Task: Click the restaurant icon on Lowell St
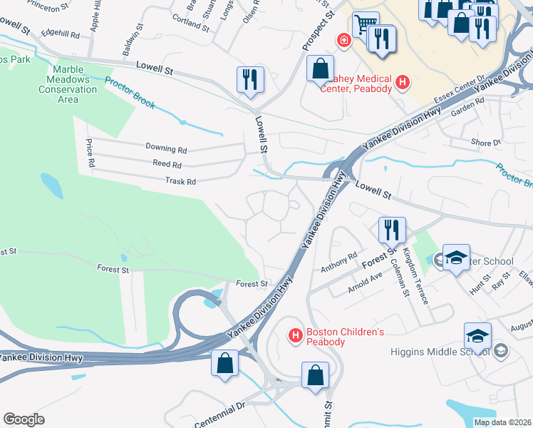(x=250, y=79)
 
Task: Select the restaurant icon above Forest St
(x=391, y=230)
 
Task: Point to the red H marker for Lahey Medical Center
(x=403, y=83)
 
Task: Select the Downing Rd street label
(x=165, y=149)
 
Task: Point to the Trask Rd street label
(x=180, y=181)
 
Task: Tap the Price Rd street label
(x=90, y=153)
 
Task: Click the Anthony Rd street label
(x=338, y=262)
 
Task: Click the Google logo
(x=24, y=419)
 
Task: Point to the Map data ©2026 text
(x=502, y=422)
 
